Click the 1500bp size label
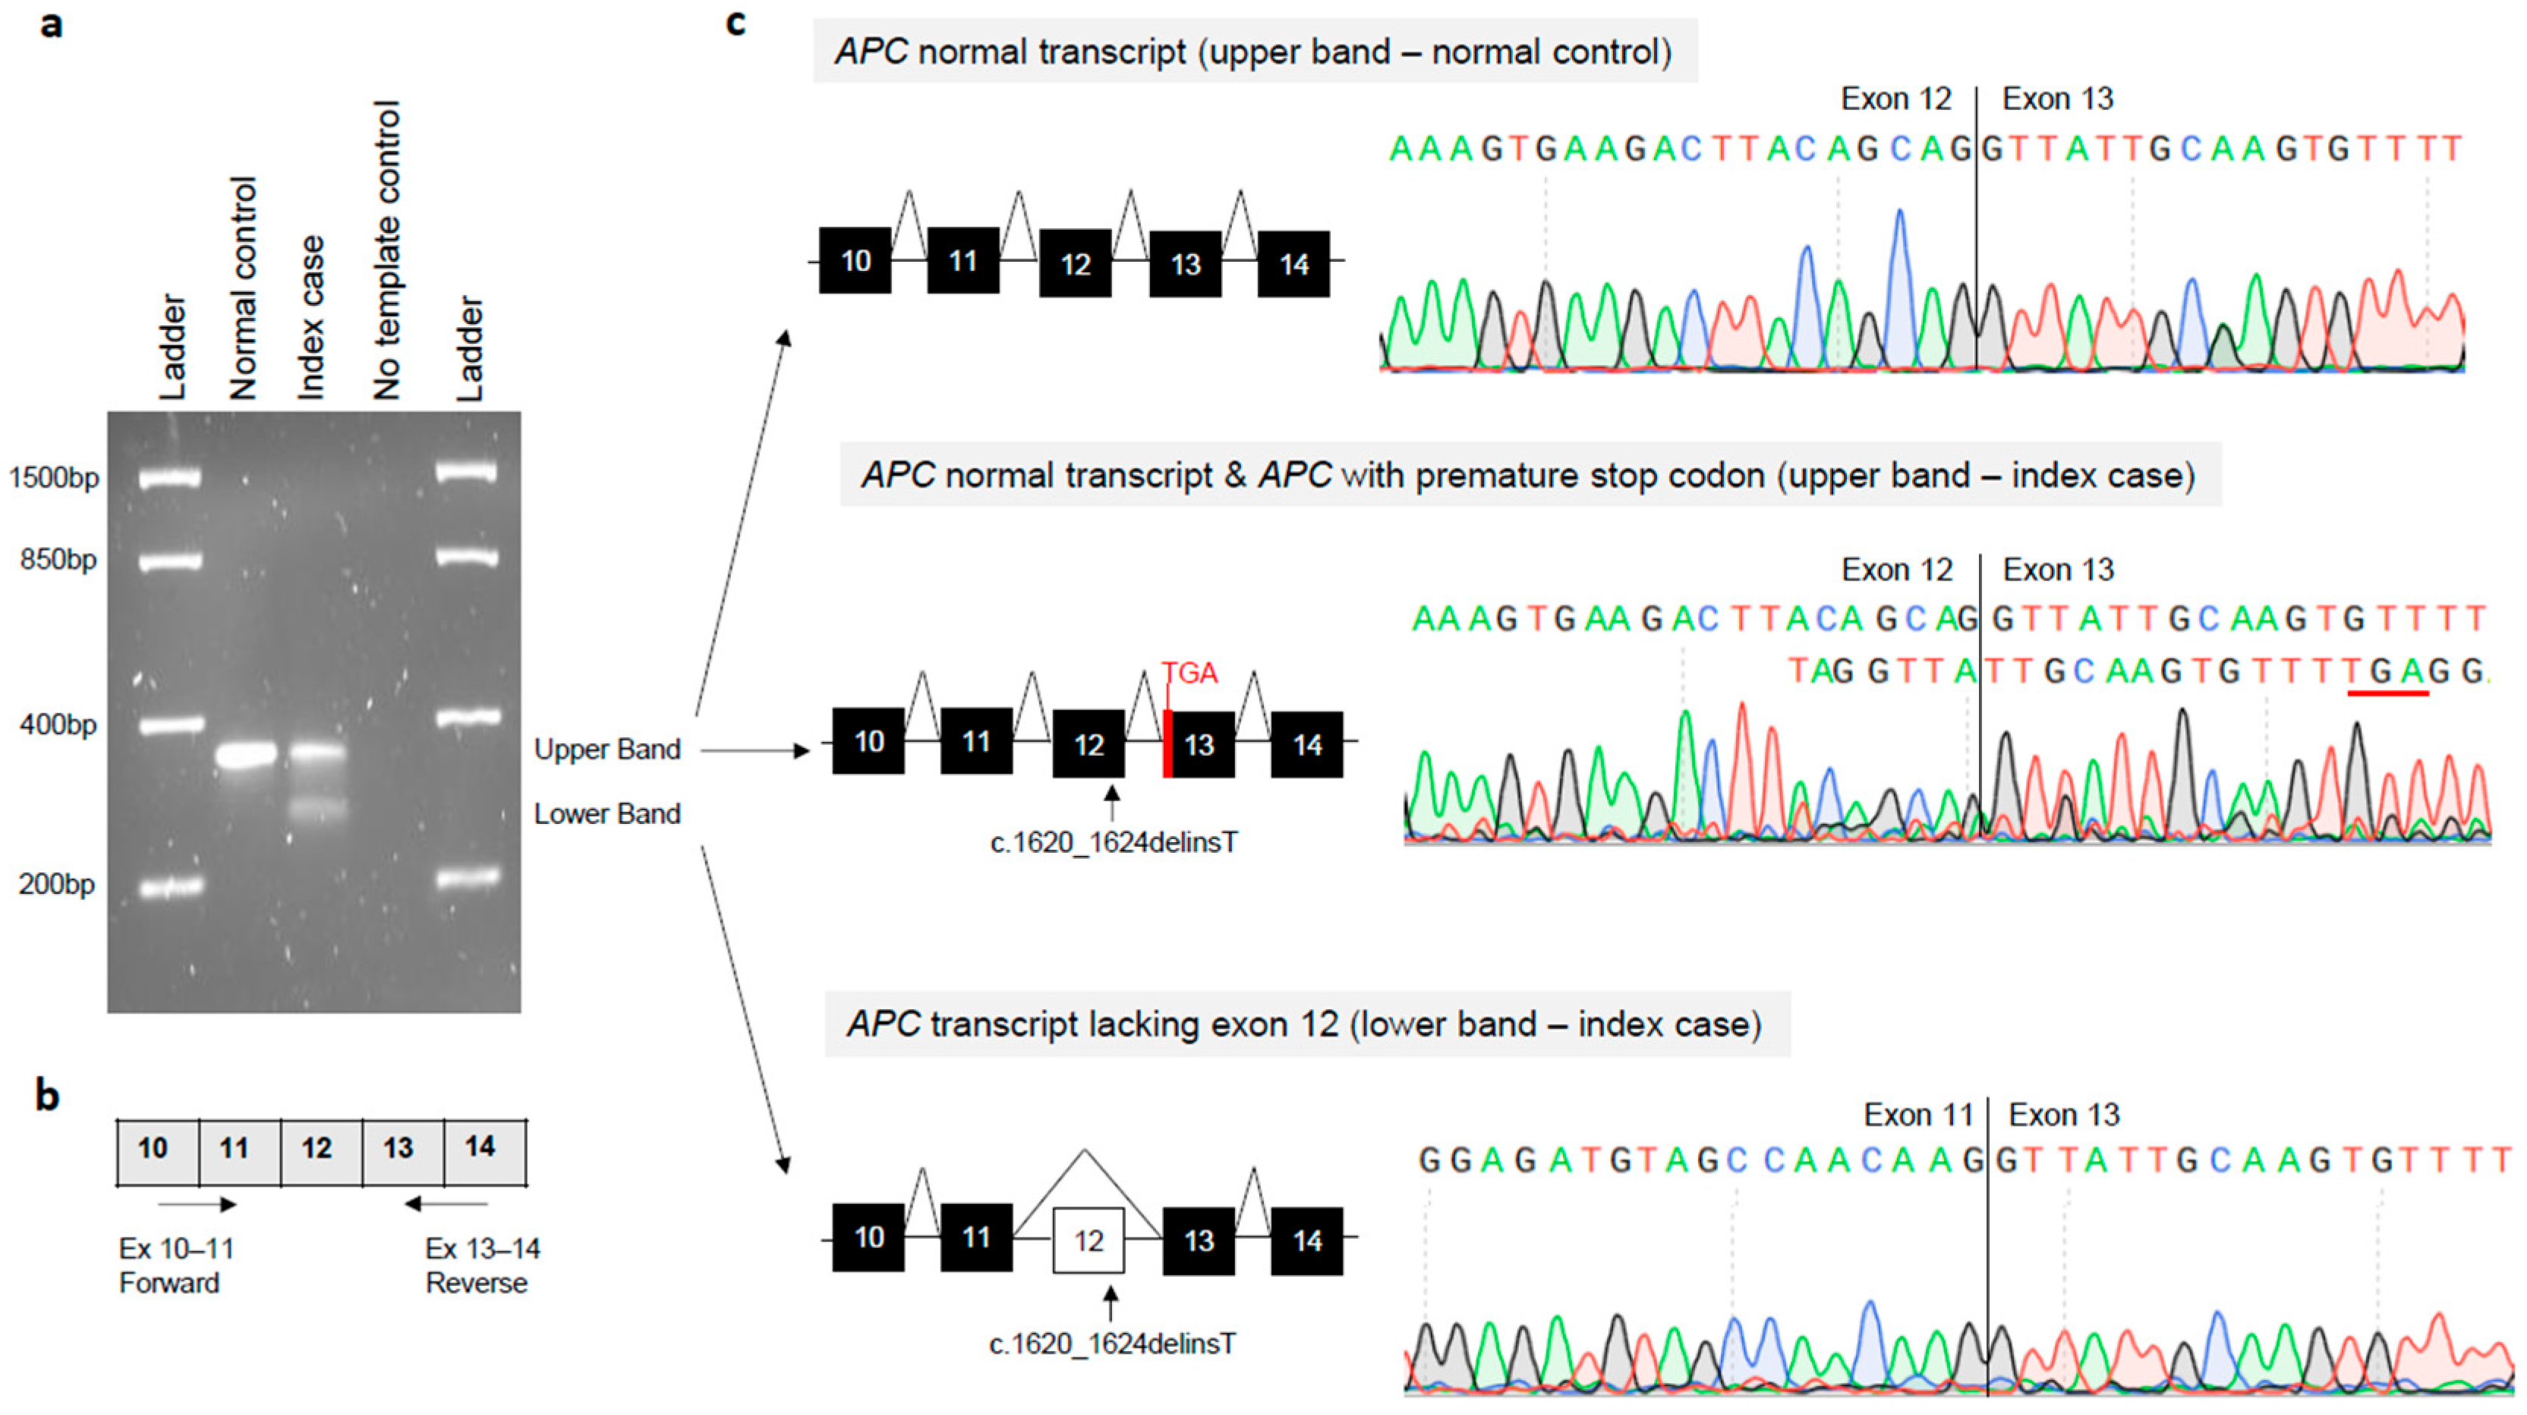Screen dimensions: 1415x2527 [x=54, y=479]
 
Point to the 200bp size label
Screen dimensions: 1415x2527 [x=57, y=885]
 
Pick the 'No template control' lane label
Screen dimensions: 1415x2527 [x=386, y=250]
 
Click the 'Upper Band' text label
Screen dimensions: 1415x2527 [x=607, y=750]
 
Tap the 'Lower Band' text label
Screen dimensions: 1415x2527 [x=607, y=814]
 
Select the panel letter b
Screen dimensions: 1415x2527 [x=47, y=1094]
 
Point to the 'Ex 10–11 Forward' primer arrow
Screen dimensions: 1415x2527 [x=196, y=1204]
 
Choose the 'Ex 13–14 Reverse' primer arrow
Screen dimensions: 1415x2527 [x=446, y=1204]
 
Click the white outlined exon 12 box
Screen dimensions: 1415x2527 [x=1088, y=1240]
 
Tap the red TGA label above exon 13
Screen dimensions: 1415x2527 [x=1189, y=674]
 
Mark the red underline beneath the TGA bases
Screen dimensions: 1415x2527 [x=2387, y=694]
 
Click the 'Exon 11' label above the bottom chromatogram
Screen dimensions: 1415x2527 [x=1917, y=1115]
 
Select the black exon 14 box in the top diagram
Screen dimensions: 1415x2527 [x=1294, y=264]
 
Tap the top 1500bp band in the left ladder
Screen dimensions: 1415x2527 [x=170, y=479]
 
